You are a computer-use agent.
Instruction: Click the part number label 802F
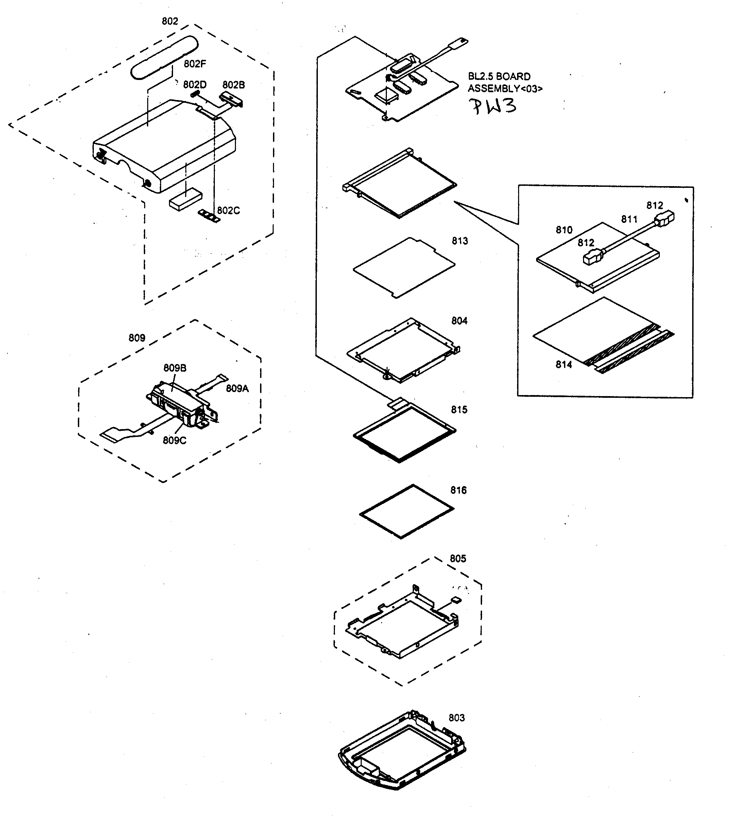(194, 64)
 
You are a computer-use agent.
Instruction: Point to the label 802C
(228, 211)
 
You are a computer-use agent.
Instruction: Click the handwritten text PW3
(492, 106)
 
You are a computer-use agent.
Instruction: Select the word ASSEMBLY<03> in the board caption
(505, 88)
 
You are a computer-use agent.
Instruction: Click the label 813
(460, 241)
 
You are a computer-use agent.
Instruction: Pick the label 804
(459, 321)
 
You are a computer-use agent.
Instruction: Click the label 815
(459, 410)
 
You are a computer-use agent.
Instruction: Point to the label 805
(458, 558)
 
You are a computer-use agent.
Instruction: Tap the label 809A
(237, 389)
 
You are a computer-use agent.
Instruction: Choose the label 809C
(174, 440)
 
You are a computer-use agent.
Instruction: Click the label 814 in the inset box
(563, 365)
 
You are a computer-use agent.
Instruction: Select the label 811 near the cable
(629, 219)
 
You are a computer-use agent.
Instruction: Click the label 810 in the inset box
(564, 230)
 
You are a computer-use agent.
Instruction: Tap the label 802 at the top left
(170, 21)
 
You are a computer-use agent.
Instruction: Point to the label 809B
(175, 368)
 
